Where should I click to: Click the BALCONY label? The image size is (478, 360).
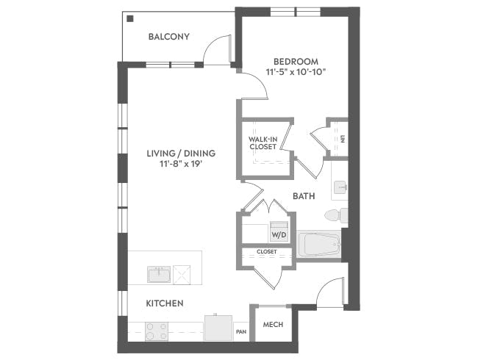click(x=169, y=37)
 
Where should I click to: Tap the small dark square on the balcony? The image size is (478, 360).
click(x=129, y=18)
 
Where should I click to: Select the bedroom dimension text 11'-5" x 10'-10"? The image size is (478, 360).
click(x=296, y=72)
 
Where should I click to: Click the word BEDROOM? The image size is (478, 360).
click(x=296, y=60)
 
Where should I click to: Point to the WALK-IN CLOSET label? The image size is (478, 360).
click(x=263, y=143)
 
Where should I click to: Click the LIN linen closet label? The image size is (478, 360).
click(x=341, y=137)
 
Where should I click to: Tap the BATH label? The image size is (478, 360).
click(x=304, y=196)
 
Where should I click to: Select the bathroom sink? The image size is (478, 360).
click(x=339, y=188)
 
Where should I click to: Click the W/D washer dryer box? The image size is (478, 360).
click(x=279, y=234)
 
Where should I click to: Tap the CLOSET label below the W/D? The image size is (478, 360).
click(x=266, y=252)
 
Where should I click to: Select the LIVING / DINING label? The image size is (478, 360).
click(x=180, y=153)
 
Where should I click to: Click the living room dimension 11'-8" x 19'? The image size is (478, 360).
click(x=180, y=164)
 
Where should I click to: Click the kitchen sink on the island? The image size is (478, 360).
click(x=160, y=275)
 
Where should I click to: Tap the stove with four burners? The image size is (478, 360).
click(x=156, y=331)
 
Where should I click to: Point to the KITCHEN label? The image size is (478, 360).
click(x=164, y=303)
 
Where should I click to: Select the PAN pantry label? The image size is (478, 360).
click(x=241, y=332)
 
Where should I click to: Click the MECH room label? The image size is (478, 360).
click(x=273, y=325)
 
